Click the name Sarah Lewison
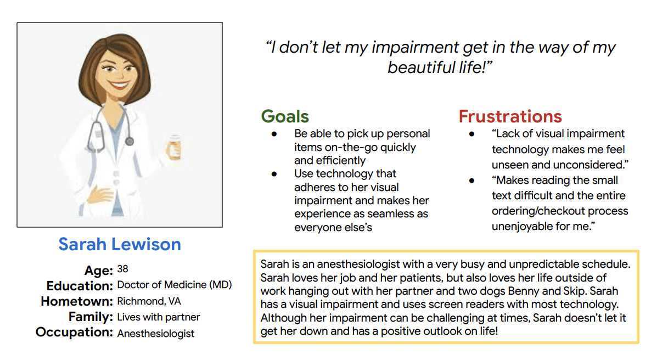(x=120, y=244)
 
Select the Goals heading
(x=285, y=116)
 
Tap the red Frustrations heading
(x=510, y=116)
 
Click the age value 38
(x=122, y=269)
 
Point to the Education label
(x=79, y=286)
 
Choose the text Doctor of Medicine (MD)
(x=175, y=285)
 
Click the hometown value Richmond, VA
(x=149, y=301)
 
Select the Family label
(x=91, y=317)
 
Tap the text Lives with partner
(x=159, y=317)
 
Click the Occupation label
(x=74, y=332)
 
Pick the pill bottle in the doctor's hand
(x=173, y=148)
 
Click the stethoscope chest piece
(x=130, y=141)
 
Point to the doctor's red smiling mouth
(x=120, y=85)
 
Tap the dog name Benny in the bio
(x=524, y=291)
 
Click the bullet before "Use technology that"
(x=274, y=174)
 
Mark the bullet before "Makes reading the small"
(x=472, y=181)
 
